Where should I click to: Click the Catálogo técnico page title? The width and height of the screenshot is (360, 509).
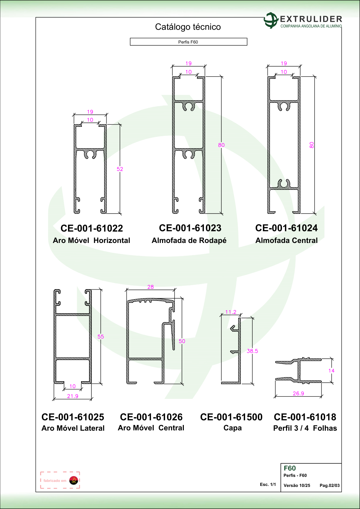pos(188,27)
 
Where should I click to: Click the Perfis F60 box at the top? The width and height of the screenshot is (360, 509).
pos(189,42)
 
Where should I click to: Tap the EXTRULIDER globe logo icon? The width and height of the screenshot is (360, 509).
pos(271,20)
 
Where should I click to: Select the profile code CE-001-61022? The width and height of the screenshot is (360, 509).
pos(92,228)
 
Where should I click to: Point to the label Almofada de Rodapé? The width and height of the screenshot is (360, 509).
pos(189,240)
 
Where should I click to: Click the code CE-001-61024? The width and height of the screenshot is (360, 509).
pos(286,228)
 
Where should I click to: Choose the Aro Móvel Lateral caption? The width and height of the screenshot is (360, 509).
pos(73,428)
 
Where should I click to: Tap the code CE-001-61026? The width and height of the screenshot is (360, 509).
pos(151,417)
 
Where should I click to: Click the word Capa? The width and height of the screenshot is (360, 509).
pos(232,428)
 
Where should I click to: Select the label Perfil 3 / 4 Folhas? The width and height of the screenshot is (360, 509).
pos(305,428)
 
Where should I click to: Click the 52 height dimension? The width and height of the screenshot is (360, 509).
pos(120,169)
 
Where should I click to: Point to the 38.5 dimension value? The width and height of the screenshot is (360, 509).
pos(253,351)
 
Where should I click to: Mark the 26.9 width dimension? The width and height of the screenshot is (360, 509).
pos(298,394)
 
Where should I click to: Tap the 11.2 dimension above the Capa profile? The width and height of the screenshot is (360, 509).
pos(231,312)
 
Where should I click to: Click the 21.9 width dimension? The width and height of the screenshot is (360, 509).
pos(73,396)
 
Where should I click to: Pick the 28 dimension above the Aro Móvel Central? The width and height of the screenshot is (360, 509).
pos(151,287)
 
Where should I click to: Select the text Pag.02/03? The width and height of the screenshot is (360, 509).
pos(330,486)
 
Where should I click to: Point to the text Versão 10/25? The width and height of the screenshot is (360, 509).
pos(297,486)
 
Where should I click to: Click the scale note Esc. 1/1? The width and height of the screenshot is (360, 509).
pos(268,485)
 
